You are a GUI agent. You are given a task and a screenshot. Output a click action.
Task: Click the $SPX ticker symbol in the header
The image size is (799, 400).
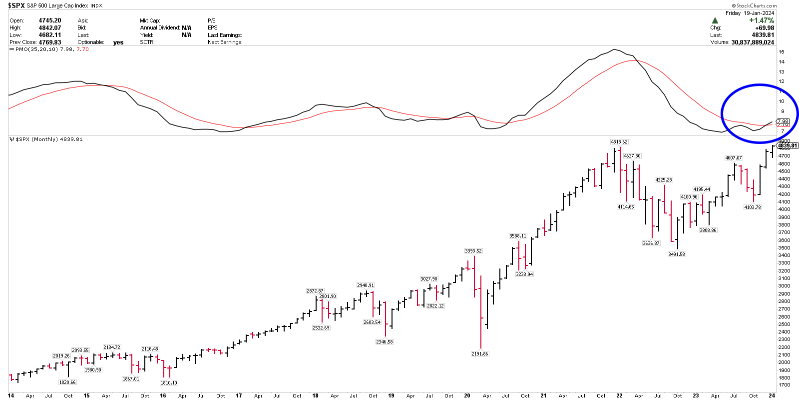pos(16,5)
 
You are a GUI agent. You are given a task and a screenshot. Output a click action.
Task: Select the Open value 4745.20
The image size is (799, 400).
pos(50,20)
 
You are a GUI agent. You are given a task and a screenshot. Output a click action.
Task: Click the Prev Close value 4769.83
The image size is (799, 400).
pos(50,42)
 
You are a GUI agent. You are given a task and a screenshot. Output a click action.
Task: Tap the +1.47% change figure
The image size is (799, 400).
pos(762,20)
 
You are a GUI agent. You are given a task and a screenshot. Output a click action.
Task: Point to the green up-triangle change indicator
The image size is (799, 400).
pos(715,20)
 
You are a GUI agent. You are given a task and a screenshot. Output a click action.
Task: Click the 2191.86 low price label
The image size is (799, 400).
pos(480,354)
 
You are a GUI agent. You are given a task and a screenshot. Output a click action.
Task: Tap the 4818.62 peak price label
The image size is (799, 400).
pos(619,142)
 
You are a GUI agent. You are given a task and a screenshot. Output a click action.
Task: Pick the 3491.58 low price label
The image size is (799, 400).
pos(677,254)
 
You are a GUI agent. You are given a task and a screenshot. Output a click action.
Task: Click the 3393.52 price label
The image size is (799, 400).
pos(473,251)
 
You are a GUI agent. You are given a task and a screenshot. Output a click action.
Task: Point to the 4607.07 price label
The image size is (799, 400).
pos(734,158)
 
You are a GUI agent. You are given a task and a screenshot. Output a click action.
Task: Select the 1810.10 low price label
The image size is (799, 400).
pos(169,383)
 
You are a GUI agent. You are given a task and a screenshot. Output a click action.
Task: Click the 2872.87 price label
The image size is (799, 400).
pos(315,291)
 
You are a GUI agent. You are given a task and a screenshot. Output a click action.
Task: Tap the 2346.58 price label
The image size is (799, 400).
pos(385,342)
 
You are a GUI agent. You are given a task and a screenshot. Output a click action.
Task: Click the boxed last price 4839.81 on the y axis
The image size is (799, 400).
pos(788,145)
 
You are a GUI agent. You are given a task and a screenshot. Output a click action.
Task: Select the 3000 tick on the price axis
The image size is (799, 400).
pos(784,286)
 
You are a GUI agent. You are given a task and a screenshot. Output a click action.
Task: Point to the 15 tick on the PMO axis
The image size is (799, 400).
pos(782,52)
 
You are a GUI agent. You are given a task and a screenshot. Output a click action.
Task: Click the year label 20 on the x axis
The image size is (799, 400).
pos(467,395)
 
